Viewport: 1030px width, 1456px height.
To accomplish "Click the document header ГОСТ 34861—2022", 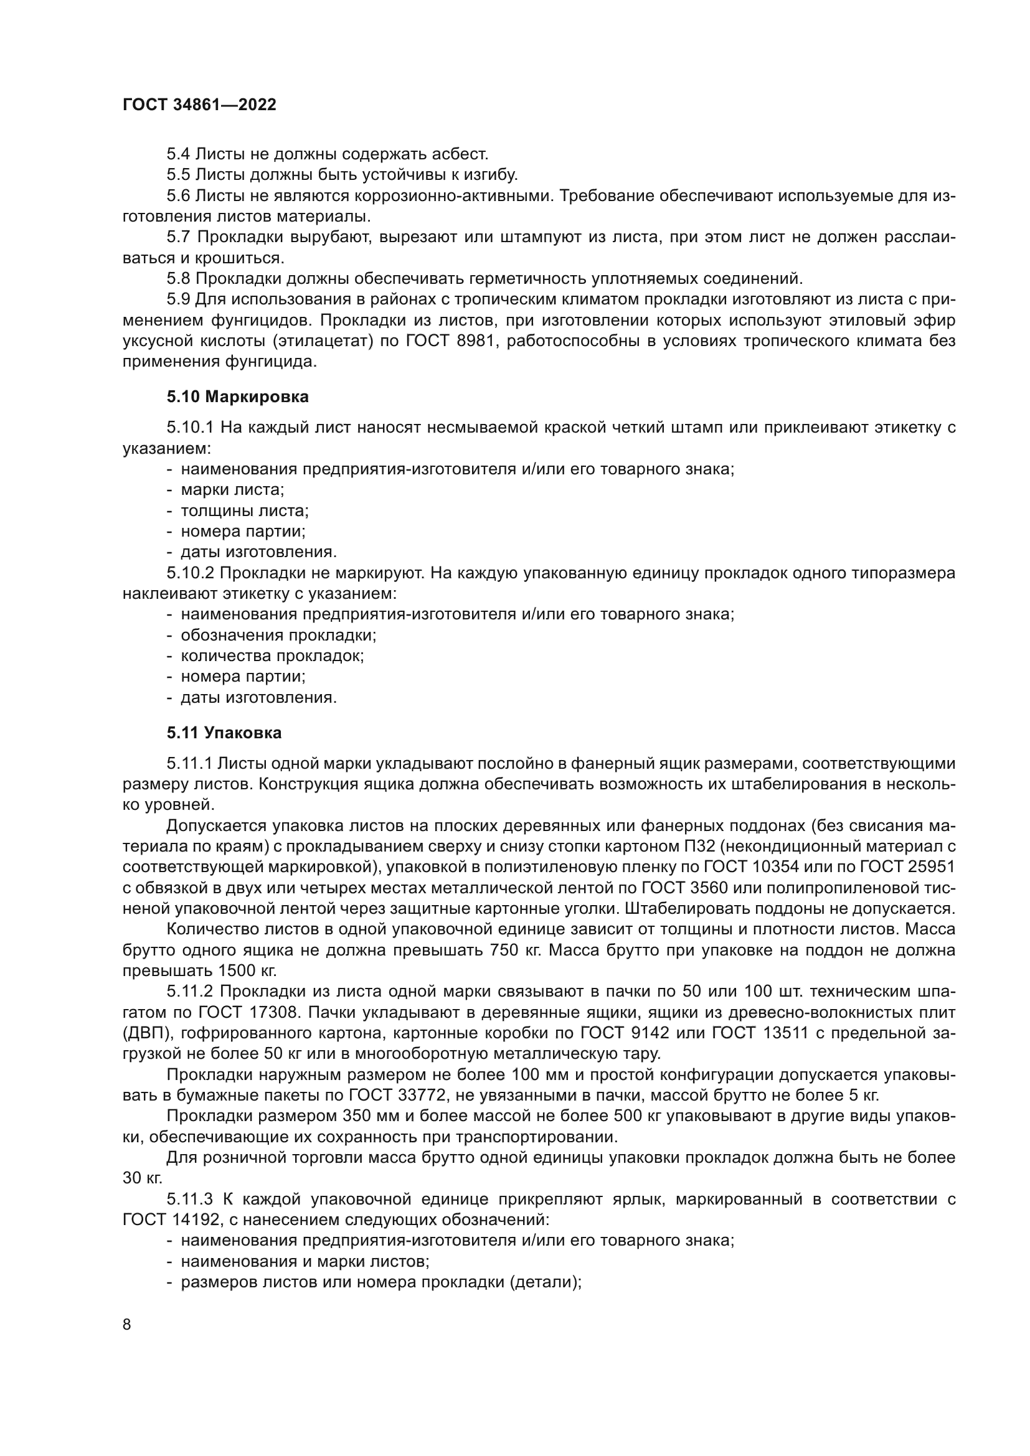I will point(199,105).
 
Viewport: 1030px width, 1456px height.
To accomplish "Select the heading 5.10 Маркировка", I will point(238,397).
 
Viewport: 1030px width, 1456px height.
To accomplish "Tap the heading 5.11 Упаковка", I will point(225,733).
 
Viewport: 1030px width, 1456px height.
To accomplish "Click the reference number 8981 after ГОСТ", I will point(475,342).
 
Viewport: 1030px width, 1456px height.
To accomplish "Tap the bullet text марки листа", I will point(232,489).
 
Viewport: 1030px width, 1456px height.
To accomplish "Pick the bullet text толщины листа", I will point(245,510).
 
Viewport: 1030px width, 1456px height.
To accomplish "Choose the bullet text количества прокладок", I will point(272,655).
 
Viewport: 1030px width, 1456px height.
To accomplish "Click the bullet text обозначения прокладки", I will point(278,635).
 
